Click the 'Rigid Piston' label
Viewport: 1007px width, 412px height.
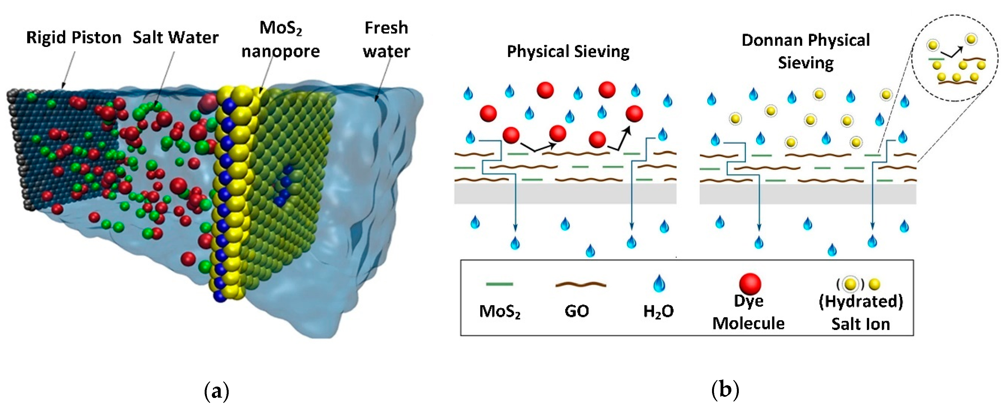click(x=73, y=38)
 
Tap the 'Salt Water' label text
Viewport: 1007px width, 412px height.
click(x=176, y=38)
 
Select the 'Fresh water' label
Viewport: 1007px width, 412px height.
click(x=386, y=39)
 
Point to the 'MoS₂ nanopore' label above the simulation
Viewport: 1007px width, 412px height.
click(x=280, y=39)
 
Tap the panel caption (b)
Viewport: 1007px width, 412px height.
click(x=725, y=390)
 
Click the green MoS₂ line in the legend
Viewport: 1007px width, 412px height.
click(x=499, y=284)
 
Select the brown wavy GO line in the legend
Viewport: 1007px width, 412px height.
click(x=581, y=285)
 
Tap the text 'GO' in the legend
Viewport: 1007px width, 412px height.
click(x=577, y=311)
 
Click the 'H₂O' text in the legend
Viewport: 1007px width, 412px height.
click(x=658, y=311)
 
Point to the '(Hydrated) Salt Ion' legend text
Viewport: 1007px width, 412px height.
click(x=861, y=313)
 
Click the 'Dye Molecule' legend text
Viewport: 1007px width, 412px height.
click(x=748, y=312)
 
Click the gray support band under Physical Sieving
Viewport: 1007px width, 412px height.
click(x=565, y=194)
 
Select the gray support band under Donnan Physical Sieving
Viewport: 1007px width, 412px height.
click(x=808, y=194)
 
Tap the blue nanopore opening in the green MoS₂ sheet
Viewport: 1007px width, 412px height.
click(x=284, y=186)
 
